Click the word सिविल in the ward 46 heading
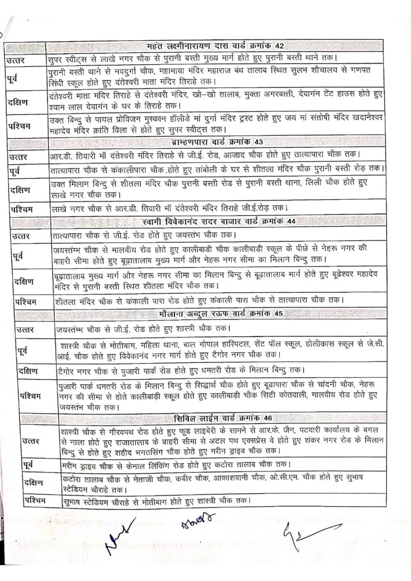(x=188, y=418)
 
